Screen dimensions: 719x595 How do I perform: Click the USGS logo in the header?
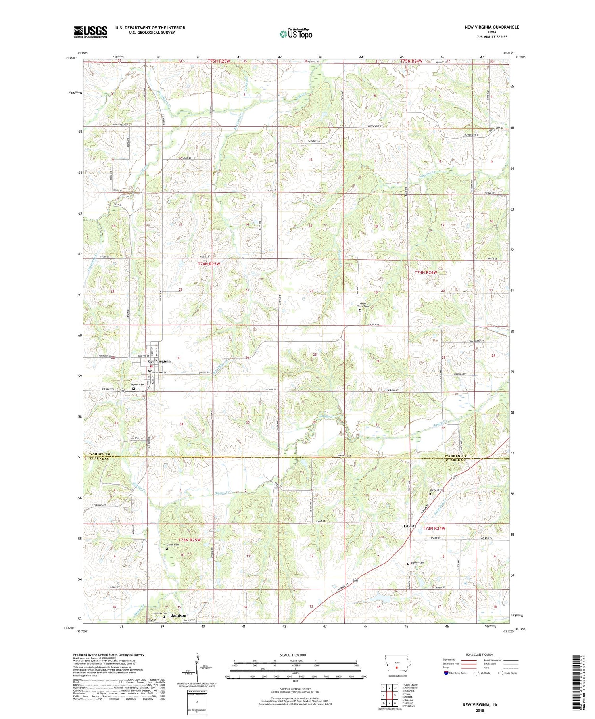click(90, 32)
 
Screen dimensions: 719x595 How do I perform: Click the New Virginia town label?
click(159, 361)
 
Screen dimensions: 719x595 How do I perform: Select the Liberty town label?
click(410, 526)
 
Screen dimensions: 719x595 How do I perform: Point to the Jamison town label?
click(178, 615)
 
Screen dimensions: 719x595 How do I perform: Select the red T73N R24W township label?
click(434, 529)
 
